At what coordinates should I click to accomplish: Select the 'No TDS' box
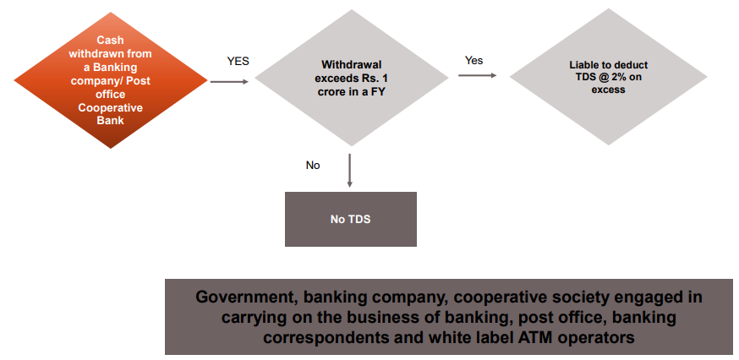click(350, 220)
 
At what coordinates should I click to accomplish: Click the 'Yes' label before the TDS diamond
click(474, 61)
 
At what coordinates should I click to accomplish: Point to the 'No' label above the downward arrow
click(313, 166)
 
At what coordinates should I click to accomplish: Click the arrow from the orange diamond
click(228, 82)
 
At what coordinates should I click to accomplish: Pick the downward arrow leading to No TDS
click(349, 172)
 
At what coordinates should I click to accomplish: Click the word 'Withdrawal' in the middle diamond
click(350, 64)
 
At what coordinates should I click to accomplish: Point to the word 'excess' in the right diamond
click(608, 89)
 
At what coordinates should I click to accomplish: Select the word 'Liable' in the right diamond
click(586, 64)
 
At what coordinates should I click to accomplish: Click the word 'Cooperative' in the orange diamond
click(110, 108)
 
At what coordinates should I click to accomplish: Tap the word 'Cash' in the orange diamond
click(110, 40)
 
